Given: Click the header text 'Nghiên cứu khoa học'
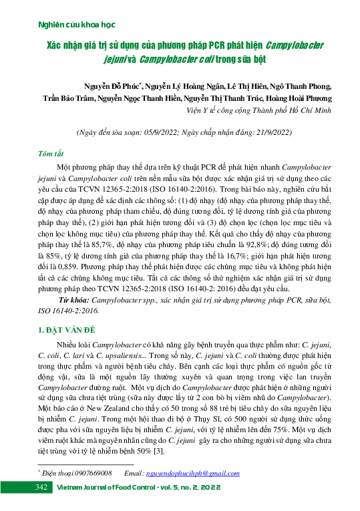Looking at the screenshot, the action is (x=67, y=24).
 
